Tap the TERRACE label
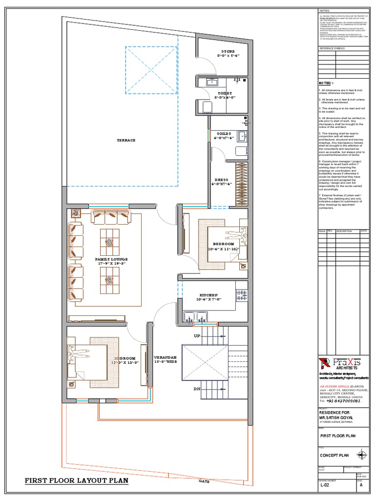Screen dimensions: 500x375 point(126,140)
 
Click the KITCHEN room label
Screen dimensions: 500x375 point(208,295)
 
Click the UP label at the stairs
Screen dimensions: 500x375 point(197,337)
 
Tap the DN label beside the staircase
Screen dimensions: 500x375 point(197,389)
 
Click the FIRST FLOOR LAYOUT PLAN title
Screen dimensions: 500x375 point(77,480)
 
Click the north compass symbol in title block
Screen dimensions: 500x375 point(362,456)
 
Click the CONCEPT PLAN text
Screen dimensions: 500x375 point(334,455)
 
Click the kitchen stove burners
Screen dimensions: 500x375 point(241,295)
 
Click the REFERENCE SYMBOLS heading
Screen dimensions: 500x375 point(332,48)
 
